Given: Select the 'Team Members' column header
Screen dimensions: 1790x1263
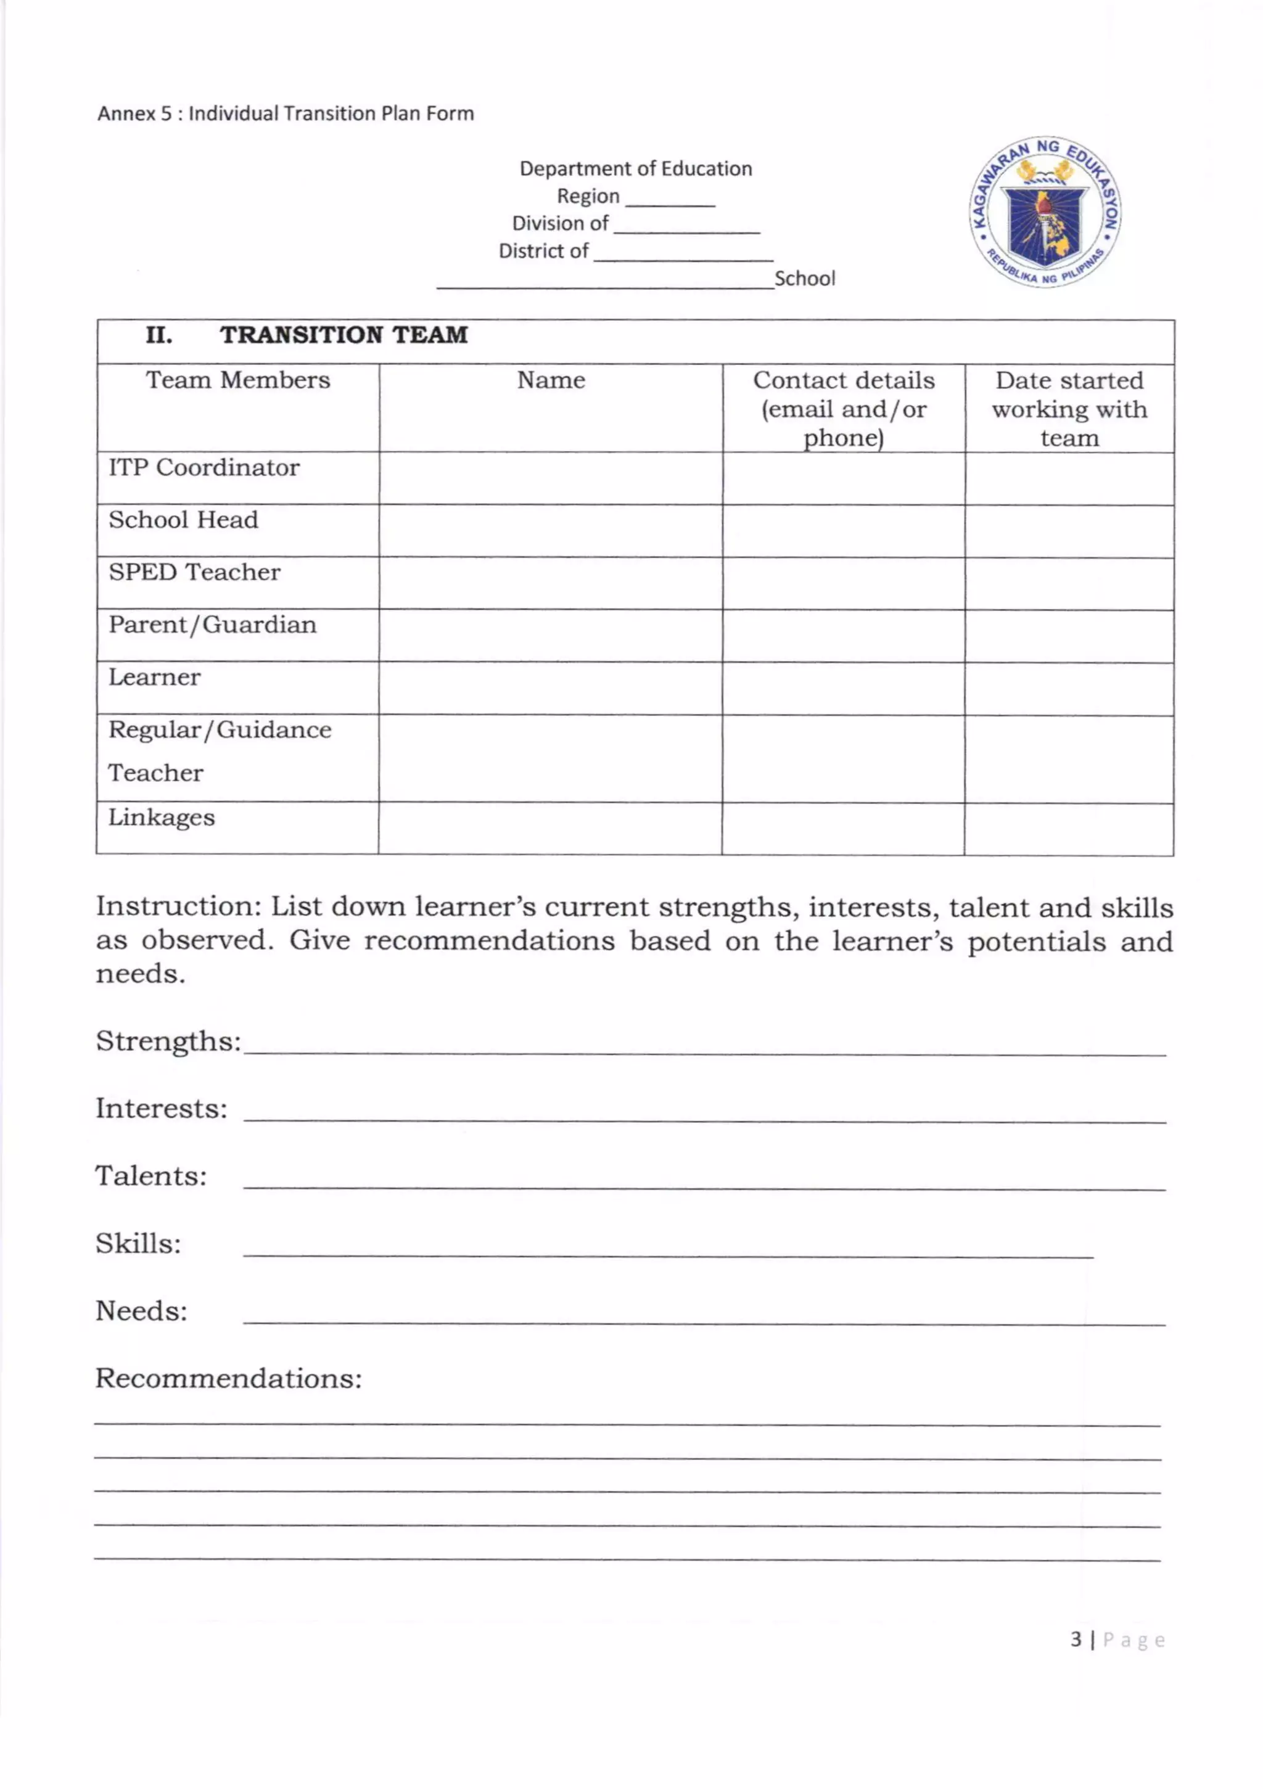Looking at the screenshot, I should (x=238, y=380).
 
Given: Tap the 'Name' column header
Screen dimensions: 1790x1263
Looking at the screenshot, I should (x=551, y=380).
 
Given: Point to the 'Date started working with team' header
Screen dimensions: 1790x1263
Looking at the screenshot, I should (x=1069, y=409).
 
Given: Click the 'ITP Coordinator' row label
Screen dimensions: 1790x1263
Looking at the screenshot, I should (x=204, y=468).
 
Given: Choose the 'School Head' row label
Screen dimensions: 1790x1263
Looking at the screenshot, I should (x=183, y=520).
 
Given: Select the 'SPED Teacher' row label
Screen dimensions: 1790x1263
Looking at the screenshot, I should (x=194, y=572).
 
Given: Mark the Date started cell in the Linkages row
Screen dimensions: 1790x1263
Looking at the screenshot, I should (x=1069, y=829).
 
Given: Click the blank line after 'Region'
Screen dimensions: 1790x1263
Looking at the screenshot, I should (x=670, y=200).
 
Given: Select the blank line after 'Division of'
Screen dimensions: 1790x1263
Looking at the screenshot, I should (x=686, y=228).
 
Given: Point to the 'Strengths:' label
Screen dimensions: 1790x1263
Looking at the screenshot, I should (x=168, y=1041).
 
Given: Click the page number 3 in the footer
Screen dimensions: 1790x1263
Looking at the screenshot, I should (x=1076, y=1640).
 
